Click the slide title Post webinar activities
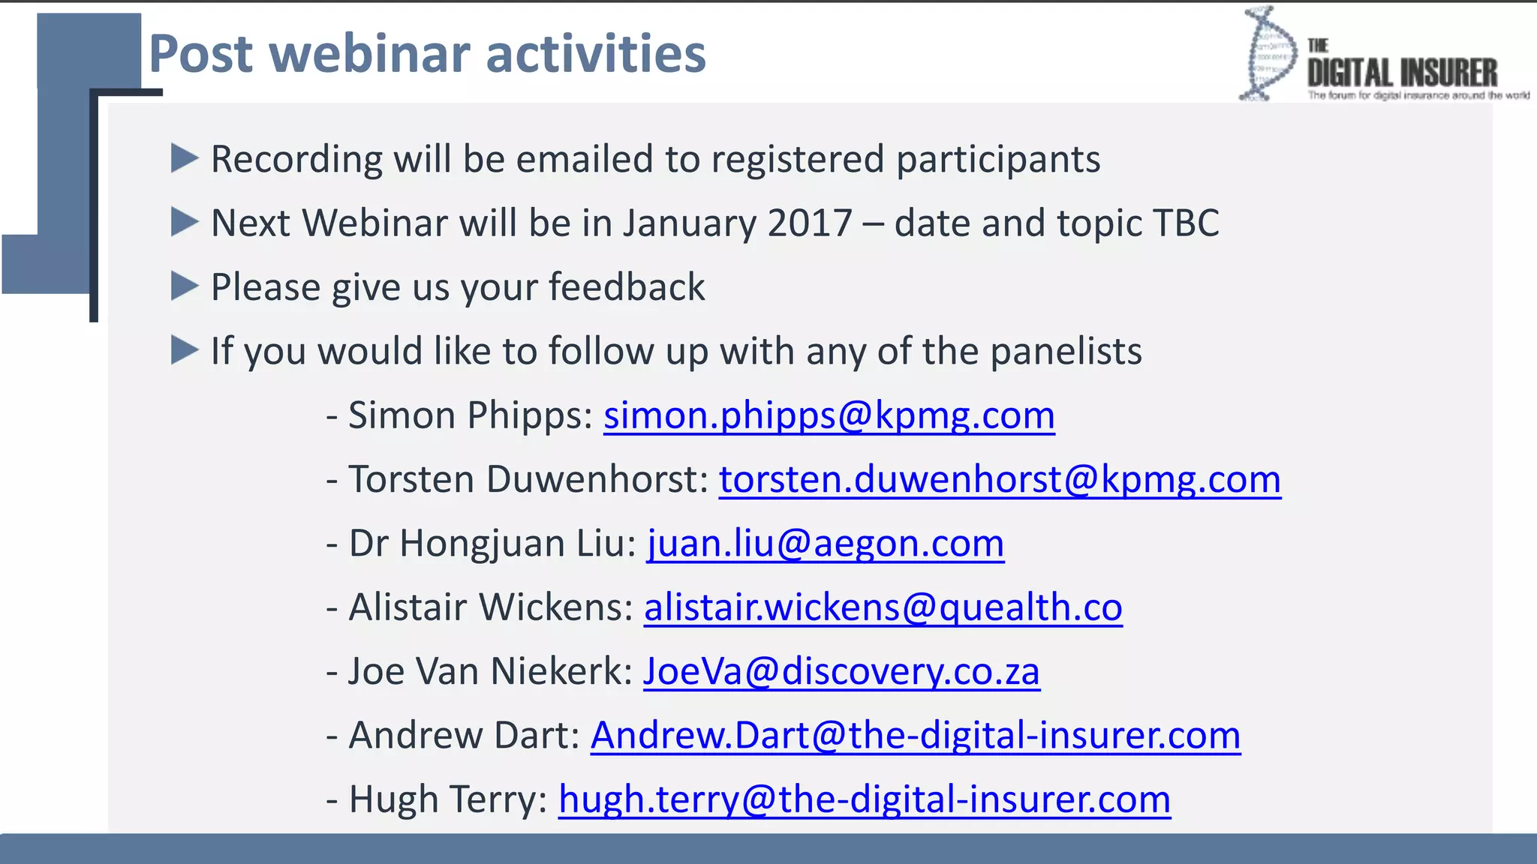[427, 54]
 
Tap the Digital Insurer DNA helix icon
[1268, 54]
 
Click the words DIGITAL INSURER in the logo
[1402, 73]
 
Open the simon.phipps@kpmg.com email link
[829, 415]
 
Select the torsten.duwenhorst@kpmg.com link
[1000, 479]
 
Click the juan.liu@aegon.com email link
[825, 544]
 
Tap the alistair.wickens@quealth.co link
[883, 607]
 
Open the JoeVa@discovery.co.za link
[841, 671]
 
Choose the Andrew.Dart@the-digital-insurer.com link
[915, 736]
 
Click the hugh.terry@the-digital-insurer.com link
[864, 799]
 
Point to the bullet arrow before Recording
[184, 158]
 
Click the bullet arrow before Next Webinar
[184, 222]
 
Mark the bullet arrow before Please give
[184, 286]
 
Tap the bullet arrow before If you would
[184, 350]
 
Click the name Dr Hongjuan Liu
[492, 544]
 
